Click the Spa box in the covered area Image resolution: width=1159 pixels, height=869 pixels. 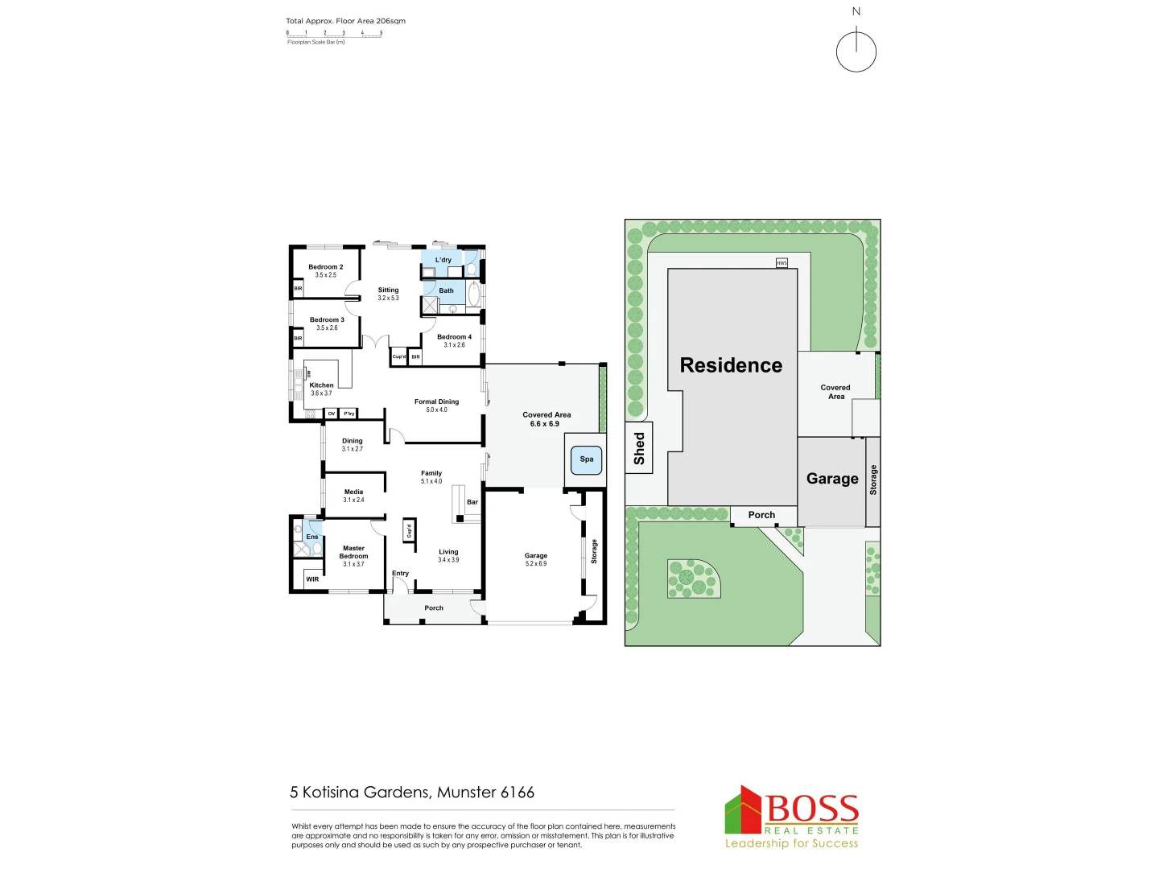(586, 459)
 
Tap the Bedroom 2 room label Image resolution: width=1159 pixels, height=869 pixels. (325, 267)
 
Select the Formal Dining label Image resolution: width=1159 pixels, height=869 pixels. (436, 402)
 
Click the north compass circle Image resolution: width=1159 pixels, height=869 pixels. (856, 52)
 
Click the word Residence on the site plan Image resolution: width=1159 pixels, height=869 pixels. (731, 365)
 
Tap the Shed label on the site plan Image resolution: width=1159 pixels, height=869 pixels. (639, 448)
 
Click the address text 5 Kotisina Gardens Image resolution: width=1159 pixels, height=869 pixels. (412, 793)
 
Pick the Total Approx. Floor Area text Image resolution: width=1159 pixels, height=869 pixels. (345, 21)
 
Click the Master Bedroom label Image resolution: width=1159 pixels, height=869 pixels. (353, 552)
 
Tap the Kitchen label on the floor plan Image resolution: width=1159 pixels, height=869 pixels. (321, 385)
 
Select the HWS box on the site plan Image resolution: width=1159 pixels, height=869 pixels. (782, 263)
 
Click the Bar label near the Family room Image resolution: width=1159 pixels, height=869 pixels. (472, 502)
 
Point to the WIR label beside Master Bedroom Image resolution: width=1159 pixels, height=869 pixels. (312, 579)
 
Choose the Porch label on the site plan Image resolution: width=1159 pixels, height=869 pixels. (761, 515)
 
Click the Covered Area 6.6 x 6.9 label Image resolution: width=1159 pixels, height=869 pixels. (547, 419)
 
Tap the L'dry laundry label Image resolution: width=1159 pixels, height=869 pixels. (443, 260)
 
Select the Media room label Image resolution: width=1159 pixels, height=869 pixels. (353, 492)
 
